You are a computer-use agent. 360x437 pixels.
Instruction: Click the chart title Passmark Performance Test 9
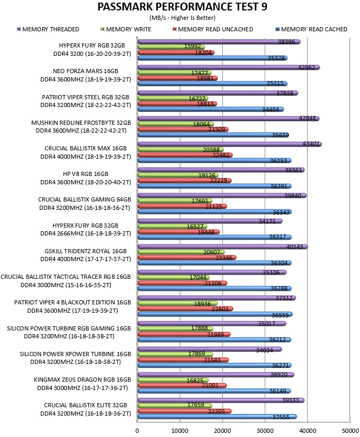click(x=182, y=7)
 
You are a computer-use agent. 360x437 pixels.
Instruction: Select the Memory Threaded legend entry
click(x=48, y=29)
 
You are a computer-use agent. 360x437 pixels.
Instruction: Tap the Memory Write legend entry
click(x=126, y=29)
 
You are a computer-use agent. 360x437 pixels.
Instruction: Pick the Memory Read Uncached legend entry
click(x=213, y=29)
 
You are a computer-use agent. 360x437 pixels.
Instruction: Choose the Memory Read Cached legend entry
click(x=311, y=29)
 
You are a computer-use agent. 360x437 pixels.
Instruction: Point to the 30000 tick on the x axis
click(x=265, y=431)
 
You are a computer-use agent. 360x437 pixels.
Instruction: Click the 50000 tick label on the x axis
click(x=350, y=431)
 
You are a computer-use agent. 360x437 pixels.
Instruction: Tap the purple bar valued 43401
click(x=230, y=144)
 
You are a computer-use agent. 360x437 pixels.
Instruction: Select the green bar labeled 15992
click(x=171, y=47)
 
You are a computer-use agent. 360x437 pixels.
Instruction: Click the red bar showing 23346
click(x=187, y=257)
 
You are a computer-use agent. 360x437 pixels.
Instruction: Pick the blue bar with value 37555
click(x=217, y=417)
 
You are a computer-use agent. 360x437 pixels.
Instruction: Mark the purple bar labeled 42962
click(x=229, y=67)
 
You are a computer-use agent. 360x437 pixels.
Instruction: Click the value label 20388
click(x=211, y=150)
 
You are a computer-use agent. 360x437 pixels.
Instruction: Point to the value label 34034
click(x=264, y=350)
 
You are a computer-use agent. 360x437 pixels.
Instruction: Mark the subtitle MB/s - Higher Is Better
click(x=182, y=18)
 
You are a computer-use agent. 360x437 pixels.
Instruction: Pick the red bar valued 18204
click(x=176, y=52)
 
